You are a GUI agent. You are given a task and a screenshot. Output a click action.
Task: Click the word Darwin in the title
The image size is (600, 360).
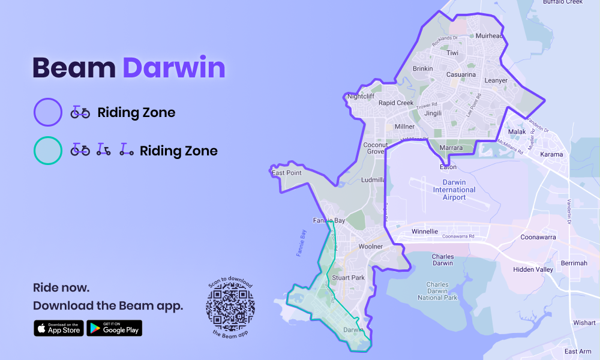coord(173,68)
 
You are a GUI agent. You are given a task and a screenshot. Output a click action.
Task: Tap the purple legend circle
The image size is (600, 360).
coord(48,112)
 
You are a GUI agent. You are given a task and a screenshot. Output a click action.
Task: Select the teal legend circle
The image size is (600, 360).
coord(48,151)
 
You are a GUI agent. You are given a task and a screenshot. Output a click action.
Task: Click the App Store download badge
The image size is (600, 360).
coord(59,328)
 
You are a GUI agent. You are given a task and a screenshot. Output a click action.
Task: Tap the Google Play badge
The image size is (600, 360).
coord(114,328)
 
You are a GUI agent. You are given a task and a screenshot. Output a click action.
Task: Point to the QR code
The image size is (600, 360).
coord(230,307)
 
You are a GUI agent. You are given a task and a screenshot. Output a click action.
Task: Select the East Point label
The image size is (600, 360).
coord(286,173)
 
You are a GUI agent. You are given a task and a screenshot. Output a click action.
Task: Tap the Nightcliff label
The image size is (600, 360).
coord(361,96)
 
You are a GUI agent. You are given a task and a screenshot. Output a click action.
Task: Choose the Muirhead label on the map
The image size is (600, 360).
coord(488,36)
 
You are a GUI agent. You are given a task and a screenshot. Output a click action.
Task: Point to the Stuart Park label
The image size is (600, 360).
coord(348,278)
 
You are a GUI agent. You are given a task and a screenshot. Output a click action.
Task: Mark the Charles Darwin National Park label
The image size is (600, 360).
coord(438,291)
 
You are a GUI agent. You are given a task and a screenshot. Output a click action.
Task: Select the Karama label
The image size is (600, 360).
coord(551,154)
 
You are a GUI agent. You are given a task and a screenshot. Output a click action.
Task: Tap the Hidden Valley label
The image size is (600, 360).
coord(533,269)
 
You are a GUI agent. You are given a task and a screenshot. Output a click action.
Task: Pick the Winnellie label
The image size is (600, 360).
coord(425,231)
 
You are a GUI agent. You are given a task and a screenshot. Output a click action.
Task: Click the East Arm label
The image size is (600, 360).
coord(578,352)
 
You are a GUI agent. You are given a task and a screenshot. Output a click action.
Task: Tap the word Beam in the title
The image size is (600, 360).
coord(73,68)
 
